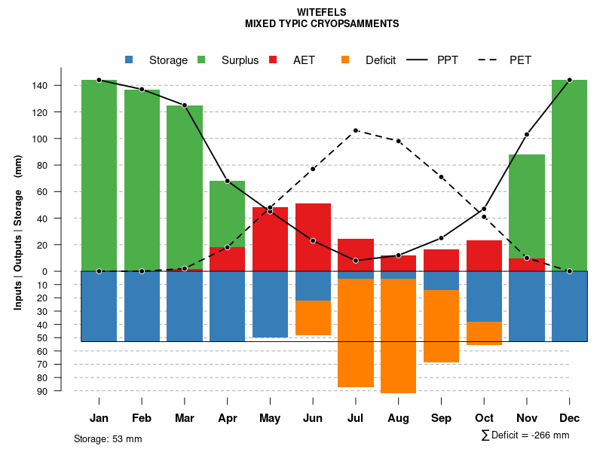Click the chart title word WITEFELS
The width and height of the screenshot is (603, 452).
pyautogui.click(x=321, y=13)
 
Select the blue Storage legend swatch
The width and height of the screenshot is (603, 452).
pyautogui.click(x=129, y=60)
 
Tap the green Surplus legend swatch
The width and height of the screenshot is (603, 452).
pyautogui.click(x=201, y=60)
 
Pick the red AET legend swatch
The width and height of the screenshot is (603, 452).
pyautogui.click(x=273, y=60)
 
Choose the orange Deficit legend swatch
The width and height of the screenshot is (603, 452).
pyautogui.click(x=345, y=60)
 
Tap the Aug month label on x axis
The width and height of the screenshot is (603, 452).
pyautogui.click(x=398, y=418)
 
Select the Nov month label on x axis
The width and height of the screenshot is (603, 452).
pyautogui.click(x=527, y=418)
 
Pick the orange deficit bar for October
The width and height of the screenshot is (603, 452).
pyautogui.click(x=484, y=333)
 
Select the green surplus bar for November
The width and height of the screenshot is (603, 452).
pyautogui.click(x=527, y=206)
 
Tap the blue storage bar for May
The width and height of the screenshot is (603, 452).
pyautogui.click(x=270, y=304)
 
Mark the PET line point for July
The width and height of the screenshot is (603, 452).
pyautogui.click(x=356, y=130)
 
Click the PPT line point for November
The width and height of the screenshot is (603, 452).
pyautogui.click(x=527, y=134)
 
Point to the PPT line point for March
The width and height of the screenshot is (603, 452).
pyautogui.click(x=185, y=105)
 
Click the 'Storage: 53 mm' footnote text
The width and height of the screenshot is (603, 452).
pyautogui.click(x=108, y=438)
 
